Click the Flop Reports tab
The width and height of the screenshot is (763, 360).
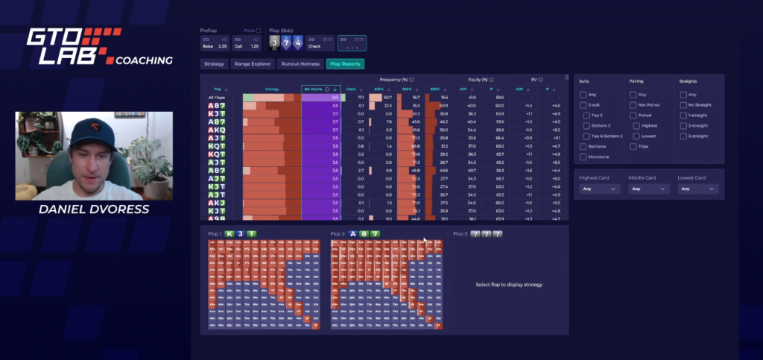(345, 64)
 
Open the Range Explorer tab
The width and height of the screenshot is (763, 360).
(253, 64)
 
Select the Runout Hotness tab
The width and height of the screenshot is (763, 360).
(301, 64)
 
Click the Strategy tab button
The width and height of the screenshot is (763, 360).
(215, 64)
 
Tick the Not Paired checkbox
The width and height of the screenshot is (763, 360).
(633, 105)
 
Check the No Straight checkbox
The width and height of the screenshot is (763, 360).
(683, 105)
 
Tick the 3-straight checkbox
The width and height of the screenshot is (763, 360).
(683, 136)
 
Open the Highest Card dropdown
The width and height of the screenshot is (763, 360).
(600, 189)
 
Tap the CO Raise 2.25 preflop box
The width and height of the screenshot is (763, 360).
(211, 42)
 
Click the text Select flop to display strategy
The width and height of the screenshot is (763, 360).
(509, 285)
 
